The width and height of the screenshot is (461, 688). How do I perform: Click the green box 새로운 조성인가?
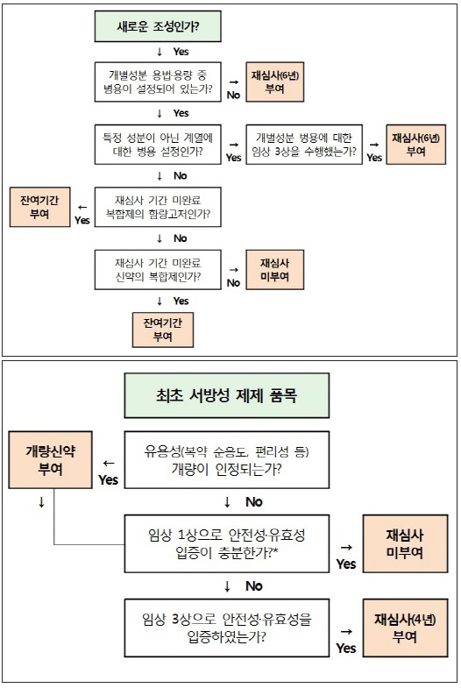(x=158, y=26)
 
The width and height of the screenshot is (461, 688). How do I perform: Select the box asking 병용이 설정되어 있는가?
(x=158, y=82)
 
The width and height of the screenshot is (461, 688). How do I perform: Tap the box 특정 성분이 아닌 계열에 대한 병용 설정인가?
(x=158, y=145)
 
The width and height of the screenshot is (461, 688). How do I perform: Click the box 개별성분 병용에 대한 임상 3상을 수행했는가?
(x=304, y=145)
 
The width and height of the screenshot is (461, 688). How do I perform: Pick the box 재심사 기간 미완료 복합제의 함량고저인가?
(x=158, y=207)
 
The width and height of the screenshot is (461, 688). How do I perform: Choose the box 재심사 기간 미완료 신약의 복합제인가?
(x=158, y=270)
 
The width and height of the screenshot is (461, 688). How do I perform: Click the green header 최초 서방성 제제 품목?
(x=227, y=395)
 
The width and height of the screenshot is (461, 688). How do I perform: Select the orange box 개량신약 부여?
(x=51, y=460)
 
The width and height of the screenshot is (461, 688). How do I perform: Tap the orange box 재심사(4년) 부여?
(x=405, y=628)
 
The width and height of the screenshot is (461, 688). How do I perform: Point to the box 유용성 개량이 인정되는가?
(x=227, y=460)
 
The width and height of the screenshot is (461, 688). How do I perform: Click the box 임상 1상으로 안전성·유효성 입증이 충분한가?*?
(x=227, y=543)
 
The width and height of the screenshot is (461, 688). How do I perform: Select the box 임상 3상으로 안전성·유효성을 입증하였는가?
(x=227, y=628)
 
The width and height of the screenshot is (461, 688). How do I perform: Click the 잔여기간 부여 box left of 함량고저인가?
(x=40, y=207)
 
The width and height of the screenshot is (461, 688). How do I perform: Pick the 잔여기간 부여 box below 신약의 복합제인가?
(x=163, y=330)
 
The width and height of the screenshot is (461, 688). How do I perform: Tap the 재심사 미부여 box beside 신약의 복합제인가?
(x=275, y=270)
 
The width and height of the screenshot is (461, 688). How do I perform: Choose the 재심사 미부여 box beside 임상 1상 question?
(x=405, y=543)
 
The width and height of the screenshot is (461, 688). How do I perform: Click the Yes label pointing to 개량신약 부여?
(x=109, y=480)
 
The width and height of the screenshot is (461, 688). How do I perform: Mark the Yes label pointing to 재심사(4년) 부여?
(x=346, y=648)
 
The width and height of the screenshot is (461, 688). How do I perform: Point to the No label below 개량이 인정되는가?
(x=254, y=502)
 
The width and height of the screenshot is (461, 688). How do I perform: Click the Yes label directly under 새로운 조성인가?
(x=181, y=52)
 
